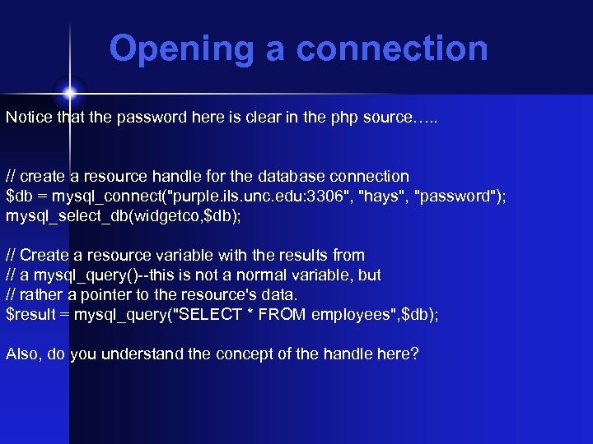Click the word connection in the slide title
tap(392, 49)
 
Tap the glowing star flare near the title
tap(69, 89)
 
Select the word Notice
tap(28, 117)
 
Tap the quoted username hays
tap(377, 197)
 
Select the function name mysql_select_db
tap(62, 216)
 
